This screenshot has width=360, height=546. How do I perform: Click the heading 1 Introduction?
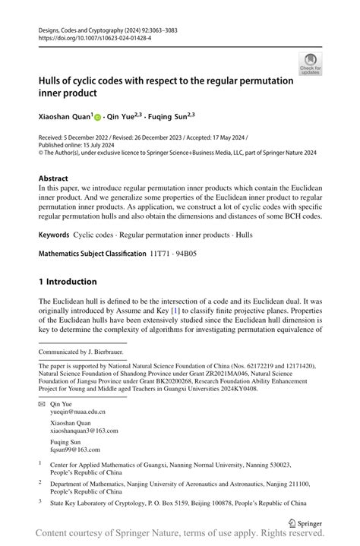[68, 281]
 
